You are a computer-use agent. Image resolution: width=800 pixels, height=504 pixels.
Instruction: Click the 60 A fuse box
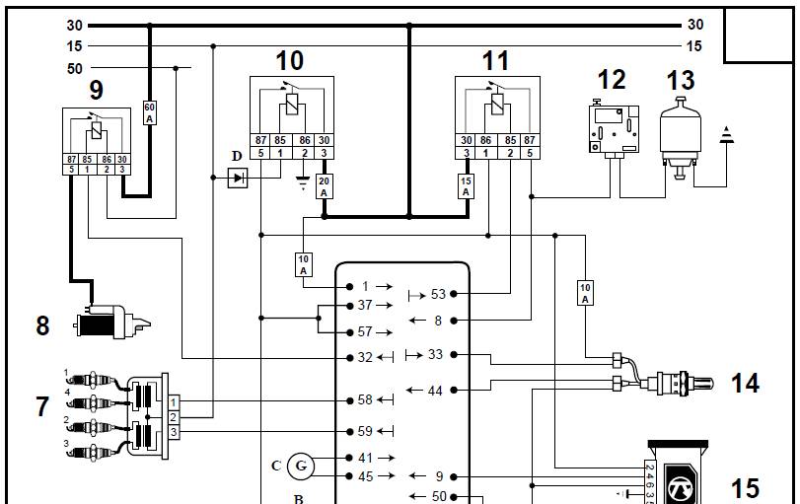[150, 111]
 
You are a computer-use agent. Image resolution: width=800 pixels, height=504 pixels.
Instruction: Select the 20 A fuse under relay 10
[325, 185]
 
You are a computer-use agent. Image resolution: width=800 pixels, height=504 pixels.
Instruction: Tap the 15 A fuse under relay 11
[467, 185]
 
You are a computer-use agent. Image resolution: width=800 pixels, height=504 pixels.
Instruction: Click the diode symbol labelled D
[238, 178]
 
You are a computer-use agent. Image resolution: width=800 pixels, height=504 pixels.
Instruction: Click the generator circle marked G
[302, 465]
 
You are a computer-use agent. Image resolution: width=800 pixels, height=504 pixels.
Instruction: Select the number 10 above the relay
[289, 60]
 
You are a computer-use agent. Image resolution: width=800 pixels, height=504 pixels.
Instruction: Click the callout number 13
[681, 79]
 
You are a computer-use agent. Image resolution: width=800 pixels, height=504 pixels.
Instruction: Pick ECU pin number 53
[438, 293]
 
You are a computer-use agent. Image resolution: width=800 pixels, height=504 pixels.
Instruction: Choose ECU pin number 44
[435, 391]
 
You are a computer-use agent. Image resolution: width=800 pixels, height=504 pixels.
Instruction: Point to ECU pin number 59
[365, 430]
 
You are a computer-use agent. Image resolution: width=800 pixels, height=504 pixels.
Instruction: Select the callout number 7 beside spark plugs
[41, 405]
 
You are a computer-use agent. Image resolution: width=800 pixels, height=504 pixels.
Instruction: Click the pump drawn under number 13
[679, 135]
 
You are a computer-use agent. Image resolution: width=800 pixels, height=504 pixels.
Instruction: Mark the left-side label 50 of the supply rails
[74, 68]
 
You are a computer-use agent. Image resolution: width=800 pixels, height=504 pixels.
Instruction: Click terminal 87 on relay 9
[71, 158]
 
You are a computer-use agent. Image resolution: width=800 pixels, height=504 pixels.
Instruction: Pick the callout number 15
[745, 486]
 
